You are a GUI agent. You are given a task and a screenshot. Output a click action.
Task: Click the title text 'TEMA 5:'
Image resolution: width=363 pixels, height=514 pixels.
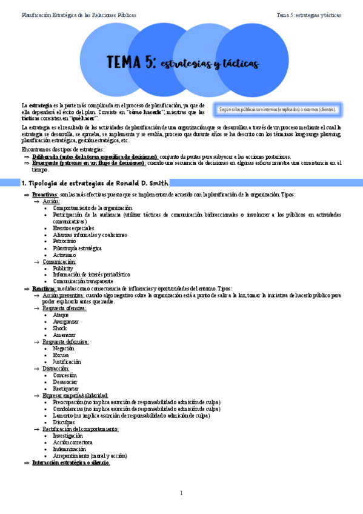coord(131,62)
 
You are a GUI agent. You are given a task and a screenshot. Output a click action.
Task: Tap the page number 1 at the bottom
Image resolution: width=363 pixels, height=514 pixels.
coord(181,493)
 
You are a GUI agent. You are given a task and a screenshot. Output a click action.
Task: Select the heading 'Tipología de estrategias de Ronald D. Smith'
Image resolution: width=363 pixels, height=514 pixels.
coord(95,182)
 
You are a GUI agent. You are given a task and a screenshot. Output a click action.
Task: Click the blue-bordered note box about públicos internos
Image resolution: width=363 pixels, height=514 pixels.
coord(278,110)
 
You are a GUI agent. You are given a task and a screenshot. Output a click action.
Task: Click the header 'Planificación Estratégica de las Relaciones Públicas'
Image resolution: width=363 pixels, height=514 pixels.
coord(79,15)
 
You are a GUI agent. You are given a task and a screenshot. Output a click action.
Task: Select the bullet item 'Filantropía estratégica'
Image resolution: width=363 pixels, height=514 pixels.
coord(77,248)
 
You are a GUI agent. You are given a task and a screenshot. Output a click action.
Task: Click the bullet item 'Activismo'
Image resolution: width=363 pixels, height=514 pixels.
coord(64,255)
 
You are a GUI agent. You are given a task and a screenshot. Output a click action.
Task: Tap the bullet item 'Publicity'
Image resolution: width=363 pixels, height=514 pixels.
coord(63,268)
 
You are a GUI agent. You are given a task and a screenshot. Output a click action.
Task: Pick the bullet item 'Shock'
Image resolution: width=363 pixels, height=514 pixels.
coord(60,328)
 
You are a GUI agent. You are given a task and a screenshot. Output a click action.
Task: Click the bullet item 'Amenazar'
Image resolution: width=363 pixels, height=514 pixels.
coord(64,335)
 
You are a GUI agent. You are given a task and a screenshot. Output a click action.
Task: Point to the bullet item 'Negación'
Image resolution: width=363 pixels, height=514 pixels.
coord(64,349)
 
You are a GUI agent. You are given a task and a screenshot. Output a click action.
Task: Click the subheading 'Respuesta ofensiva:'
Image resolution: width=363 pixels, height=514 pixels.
coord(69,308)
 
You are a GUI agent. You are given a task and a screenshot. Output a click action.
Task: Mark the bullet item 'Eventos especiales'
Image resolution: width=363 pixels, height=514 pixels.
coord(73,228)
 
